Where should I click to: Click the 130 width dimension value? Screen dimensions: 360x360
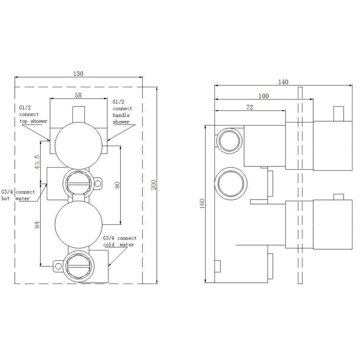[x=78, y=73]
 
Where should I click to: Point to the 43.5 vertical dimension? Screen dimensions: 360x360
[x=37, y=160]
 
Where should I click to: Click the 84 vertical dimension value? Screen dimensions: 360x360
[x=37, y=225]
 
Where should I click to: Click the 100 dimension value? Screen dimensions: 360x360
[x=263, y=96]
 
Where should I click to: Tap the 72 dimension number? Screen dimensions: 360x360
[x=250, y=108]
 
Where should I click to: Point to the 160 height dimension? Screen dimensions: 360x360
[x=202, y=203]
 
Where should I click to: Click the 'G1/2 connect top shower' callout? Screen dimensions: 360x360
[x=33, y=114]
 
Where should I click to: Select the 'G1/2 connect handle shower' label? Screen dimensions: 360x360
[x=122, y=112]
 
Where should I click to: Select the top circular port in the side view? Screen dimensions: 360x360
[x=229, y=140]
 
